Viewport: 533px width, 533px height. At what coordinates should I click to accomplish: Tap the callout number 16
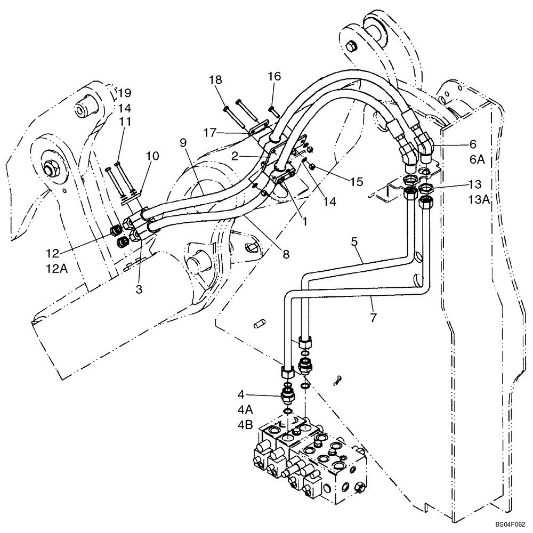(274, 77)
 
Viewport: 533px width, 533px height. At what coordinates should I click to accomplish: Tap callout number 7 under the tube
(373, 318)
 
